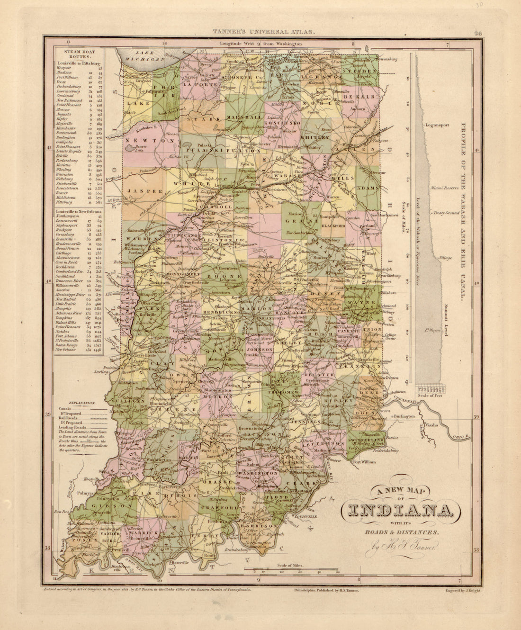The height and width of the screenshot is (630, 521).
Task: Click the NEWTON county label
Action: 150,141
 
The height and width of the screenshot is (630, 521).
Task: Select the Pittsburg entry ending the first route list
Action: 65,201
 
